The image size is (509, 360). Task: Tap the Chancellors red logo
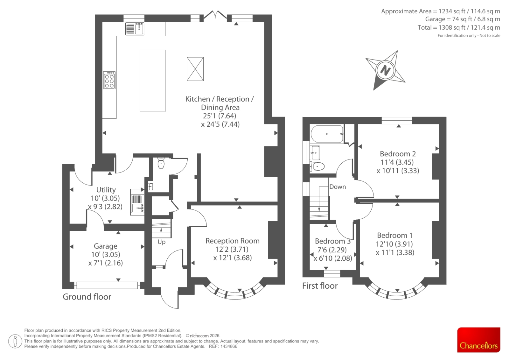[x=479, y=340]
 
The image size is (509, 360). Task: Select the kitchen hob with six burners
[x=109, y=80]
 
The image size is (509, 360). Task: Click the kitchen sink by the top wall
[x=135, y=29]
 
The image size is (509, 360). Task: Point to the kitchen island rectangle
[x=153, y=81]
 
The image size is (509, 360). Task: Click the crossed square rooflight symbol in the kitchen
[x=195, y=69]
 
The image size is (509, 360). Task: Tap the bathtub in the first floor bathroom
[x=327, y=134]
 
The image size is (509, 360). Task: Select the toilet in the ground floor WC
[x=161, y=163]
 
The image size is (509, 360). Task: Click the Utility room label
[x=106, y=190]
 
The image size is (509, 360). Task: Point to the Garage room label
[x=106, y=246]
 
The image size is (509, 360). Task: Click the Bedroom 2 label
[x=398, y=154]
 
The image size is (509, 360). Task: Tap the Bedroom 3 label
[x=333, y=241]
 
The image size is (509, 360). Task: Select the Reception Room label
[x=233, y=241]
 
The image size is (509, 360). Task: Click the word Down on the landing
[x=338, y=187]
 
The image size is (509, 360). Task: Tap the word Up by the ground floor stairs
[x=162, y=242]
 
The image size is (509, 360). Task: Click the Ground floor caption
[x=87, y=297]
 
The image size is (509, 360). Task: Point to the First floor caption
[x=320, y=286]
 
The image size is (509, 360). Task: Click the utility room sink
[x=137, y=202]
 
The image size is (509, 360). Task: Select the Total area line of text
[x=459, y=27]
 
